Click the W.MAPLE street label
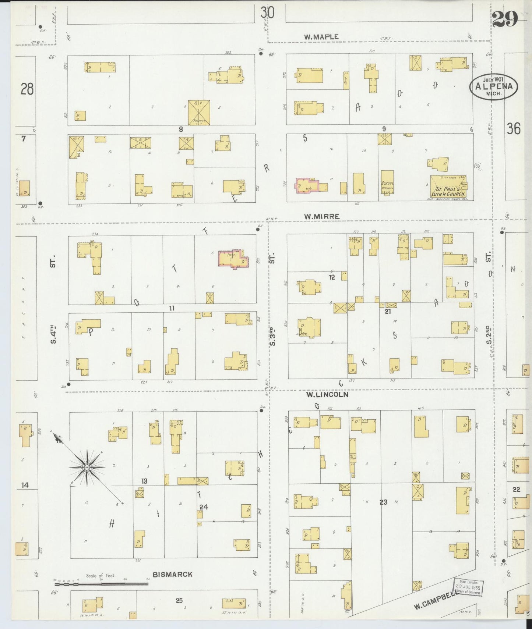point(321,37)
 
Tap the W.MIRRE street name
point(321,217)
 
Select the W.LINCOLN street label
point(327,395)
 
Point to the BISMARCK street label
point(173,574)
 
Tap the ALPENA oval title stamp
point(493,86)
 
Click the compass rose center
point(87,467)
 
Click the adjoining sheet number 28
point(27,89)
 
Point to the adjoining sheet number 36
point(513,129)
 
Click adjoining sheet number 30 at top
point(267,13)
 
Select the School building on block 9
point(387,182)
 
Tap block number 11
point(172,308)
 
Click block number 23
point(384,502)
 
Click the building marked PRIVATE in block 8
point(199,112)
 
